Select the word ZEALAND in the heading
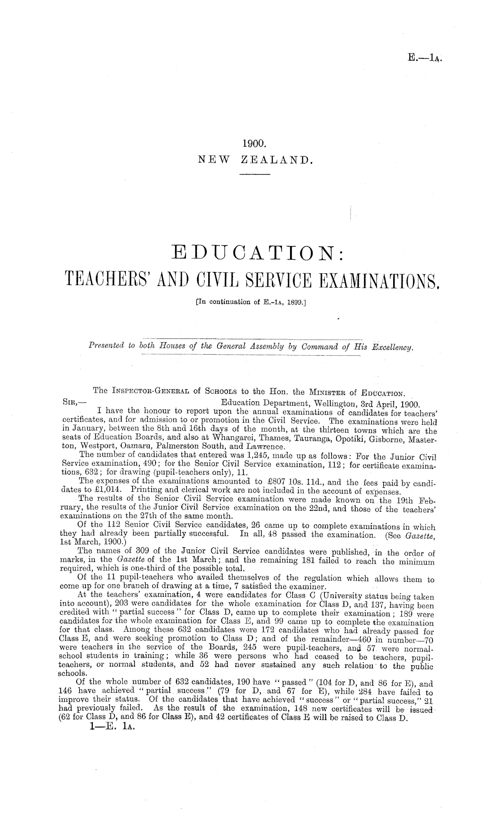275,159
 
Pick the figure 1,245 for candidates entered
237,448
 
